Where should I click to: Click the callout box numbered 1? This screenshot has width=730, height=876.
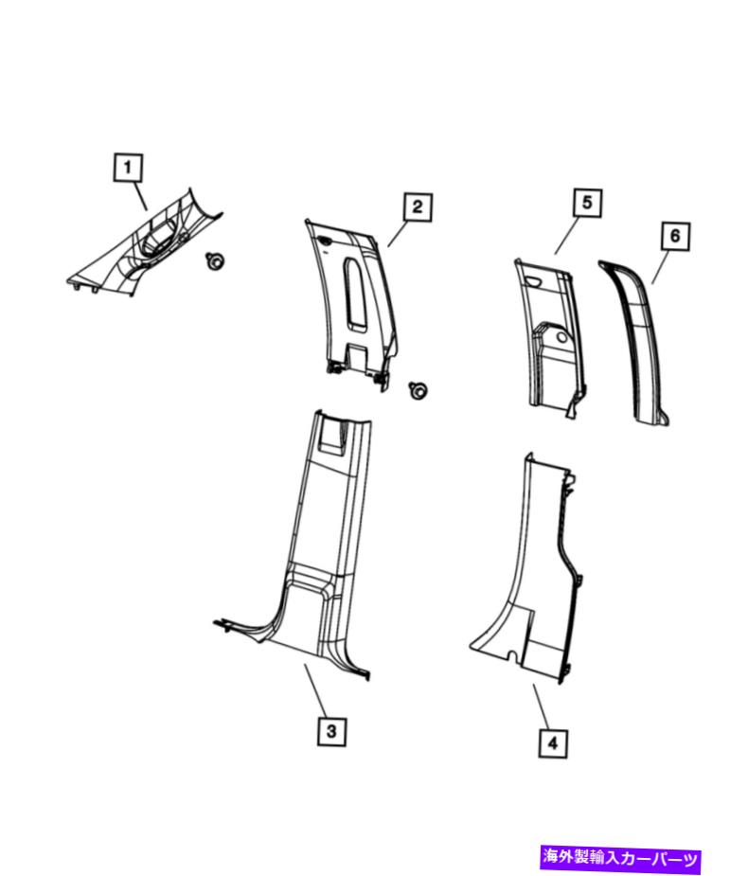click(x=127, y=168)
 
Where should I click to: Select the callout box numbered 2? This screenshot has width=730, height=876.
click(x=418, y=207)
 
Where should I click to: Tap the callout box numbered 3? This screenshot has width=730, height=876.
click(x=331, y=731)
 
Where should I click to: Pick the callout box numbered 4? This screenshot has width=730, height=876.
click(x=553, y=743)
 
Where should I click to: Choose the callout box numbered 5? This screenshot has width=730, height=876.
click(x=587, y=203)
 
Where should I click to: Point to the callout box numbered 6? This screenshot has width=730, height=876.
click(x=675, y=236)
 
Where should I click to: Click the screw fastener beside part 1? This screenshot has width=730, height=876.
click(x=214, y=260)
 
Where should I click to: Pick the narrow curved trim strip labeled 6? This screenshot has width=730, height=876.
click(x=636, y=341)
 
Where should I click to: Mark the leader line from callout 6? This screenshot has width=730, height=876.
click(x=661, y=267)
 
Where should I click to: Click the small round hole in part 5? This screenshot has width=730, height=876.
click(x=561, y=338)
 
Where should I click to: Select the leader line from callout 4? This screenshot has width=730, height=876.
click(x=543, y=706)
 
